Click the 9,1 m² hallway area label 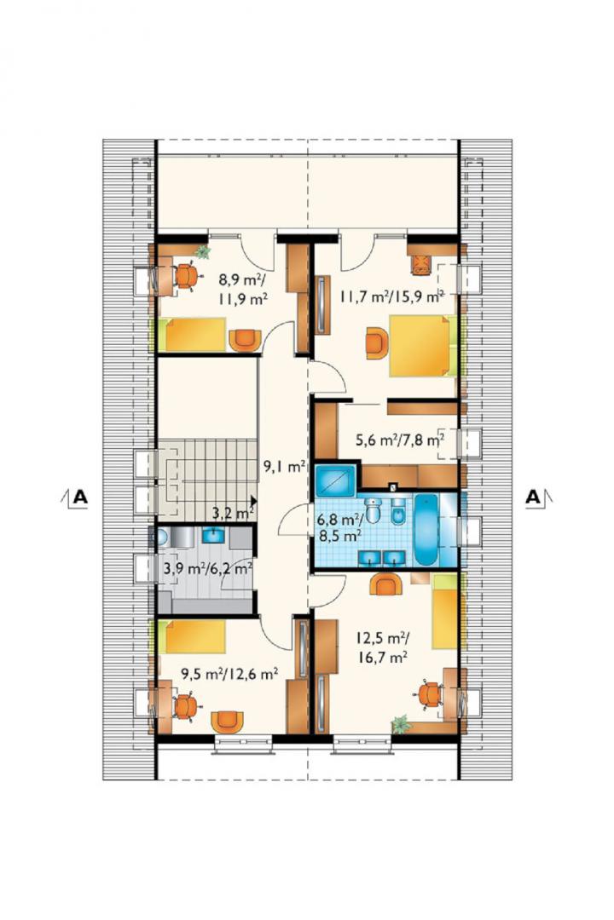pyautogui.click(x=284, y=467)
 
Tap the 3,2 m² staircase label pyautogui.click(x=233, y=514)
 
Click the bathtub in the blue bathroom pyautogui.click(x=426, y=530)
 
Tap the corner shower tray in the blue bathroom pyautogui.click(x=335, y=481)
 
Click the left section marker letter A pyautogui.click(x=80, y=497)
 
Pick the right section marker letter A pyautogui.click(x=532, y=497)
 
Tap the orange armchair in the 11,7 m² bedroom pyautogui.click(x=377, y=342)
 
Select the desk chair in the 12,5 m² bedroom pyautogui.click(x=432, y=695)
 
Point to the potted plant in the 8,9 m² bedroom pyautogui.click(x=203, y=252)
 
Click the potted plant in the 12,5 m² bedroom pyautogui.click(x=402, y=725)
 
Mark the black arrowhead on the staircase pyautogui.click(x=253, y=501)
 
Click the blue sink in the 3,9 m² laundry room pyautogui.click(x=211, y=536)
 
